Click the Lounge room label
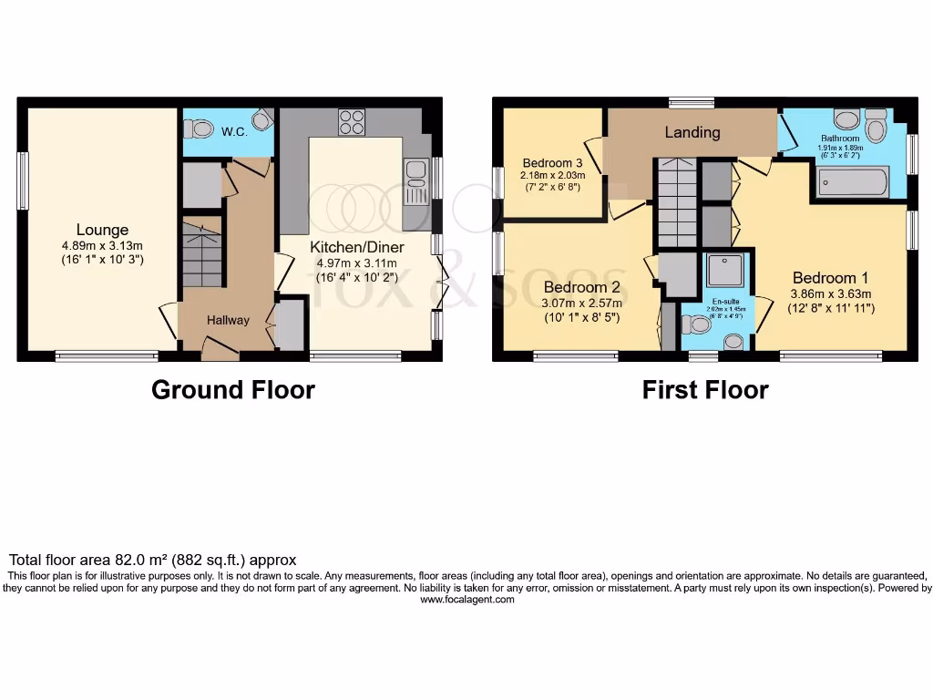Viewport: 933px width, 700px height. pos(102,230)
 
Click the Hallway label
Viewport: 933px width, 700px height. pos(228,320)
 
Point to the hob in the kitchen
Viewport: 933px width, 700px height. pos(352,121)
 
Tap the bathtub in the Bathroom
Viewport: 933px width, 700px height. pos(853,182)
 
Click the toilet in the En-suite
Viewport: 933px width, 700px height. pos(697,324)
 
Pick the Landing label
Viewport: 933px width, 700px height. pos(692,132)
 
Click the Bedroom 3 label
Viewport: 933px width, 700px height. pos(552,163)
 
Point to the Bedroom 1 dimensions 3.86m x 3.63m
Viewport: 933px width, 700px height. pos(830,293)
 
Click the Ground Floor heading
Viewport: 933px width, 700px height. pos(233,390)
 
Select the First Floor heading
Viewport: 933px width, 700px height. pos(705,390)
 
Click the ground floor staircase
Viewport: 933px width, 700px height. pos(202,255)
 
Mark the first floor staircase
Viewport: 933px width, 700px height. pos(676,202)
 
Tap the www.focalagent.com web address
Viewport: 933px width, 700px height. pos(466,600)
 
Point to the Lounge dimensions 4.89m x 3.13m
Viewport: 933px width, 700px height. pos(102,245)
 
